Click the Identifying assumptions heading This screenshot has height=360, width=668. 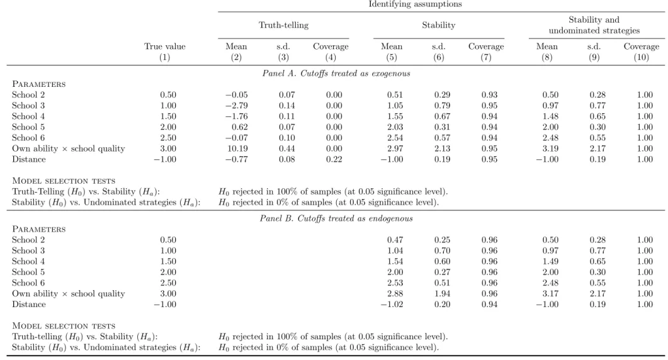[x=415, y=4]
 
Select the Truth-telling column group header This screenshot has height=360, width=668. [x=283, y=25]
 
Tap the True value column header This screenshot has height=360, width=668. [x=165, y=47]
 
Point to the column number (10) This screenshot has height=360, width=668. [x=641, y=57]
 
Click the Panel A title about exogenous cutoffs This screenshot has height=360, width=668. [x=336, y=73]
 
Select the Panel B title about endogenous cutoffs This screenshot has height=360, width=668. [x=336, y=218]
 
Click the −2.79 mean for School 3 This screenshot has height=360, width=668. [x=237, y=106]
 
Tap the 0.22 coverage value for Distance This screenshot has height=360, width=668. [x=334, y=159]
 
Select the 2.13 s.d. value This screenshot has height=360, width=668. [x=442, y=149]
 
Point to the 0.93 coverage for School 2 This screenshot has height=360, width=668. [x=489, y=95]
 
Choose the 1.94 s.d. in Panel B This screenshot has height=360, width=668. [x=442, y=293]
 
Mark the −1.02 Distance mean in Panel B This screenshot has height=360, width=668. [x=392, y=304]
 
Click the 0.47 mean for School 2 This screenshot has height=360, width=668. [x=395, y=240]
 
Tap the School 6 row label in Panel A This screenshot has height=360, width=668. [x=28, y=138]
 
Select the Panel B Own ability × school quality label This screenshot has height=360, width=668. [x=68, y=293]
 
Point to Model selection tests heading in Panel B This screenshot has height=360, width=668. [x=64, y=326]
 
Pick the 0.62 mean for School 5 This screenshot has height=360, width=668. [x=240, y=127]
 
